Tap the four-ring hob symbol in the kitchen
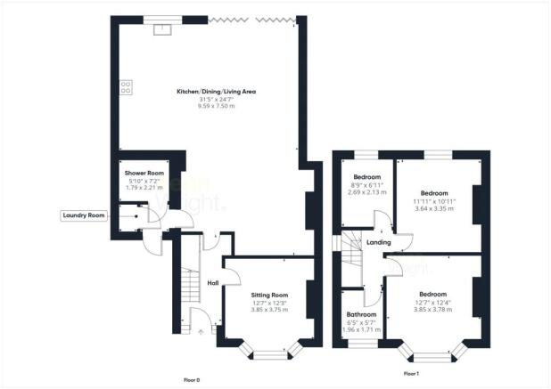click(x=126, y=87)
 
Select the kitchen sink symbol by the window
click(x=163, y=29)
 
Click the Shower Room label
click(x=142, y=173)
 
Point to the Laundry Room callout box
click(x=84, y=215)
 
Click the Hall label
click(x=213, y=283)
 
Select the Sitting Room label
click(x=268, y=294)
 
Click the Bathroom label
click(x=362, y=314)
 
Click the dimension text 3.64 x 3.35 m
click(x=434, y=208)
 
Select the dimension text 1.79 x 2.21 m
click(x=142, y=189)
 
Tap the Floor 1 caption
click(x=411, y=374)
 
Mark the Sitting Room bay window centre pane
click(x=267, y=356)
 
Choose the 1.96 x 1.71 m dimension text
click(x=362, y=329)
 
